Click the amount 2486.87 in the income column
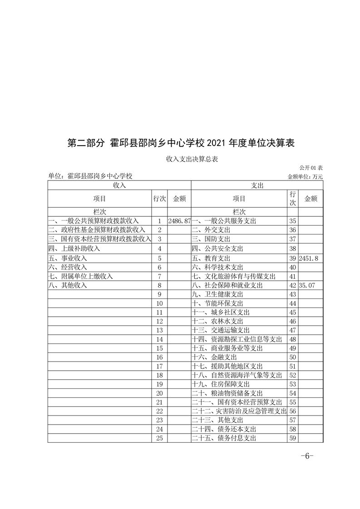(x=179, y=221)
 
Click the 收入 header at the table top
(x=119, y=185)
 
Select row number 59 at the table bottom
(x=292, y=438)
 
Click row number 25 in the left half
(x=159, y=438)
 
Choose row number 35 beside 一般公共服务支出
(x=292, y=221)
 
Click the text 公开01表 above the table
(x=311, y=168)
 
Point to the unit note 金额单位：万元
(x=305, y=176)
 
